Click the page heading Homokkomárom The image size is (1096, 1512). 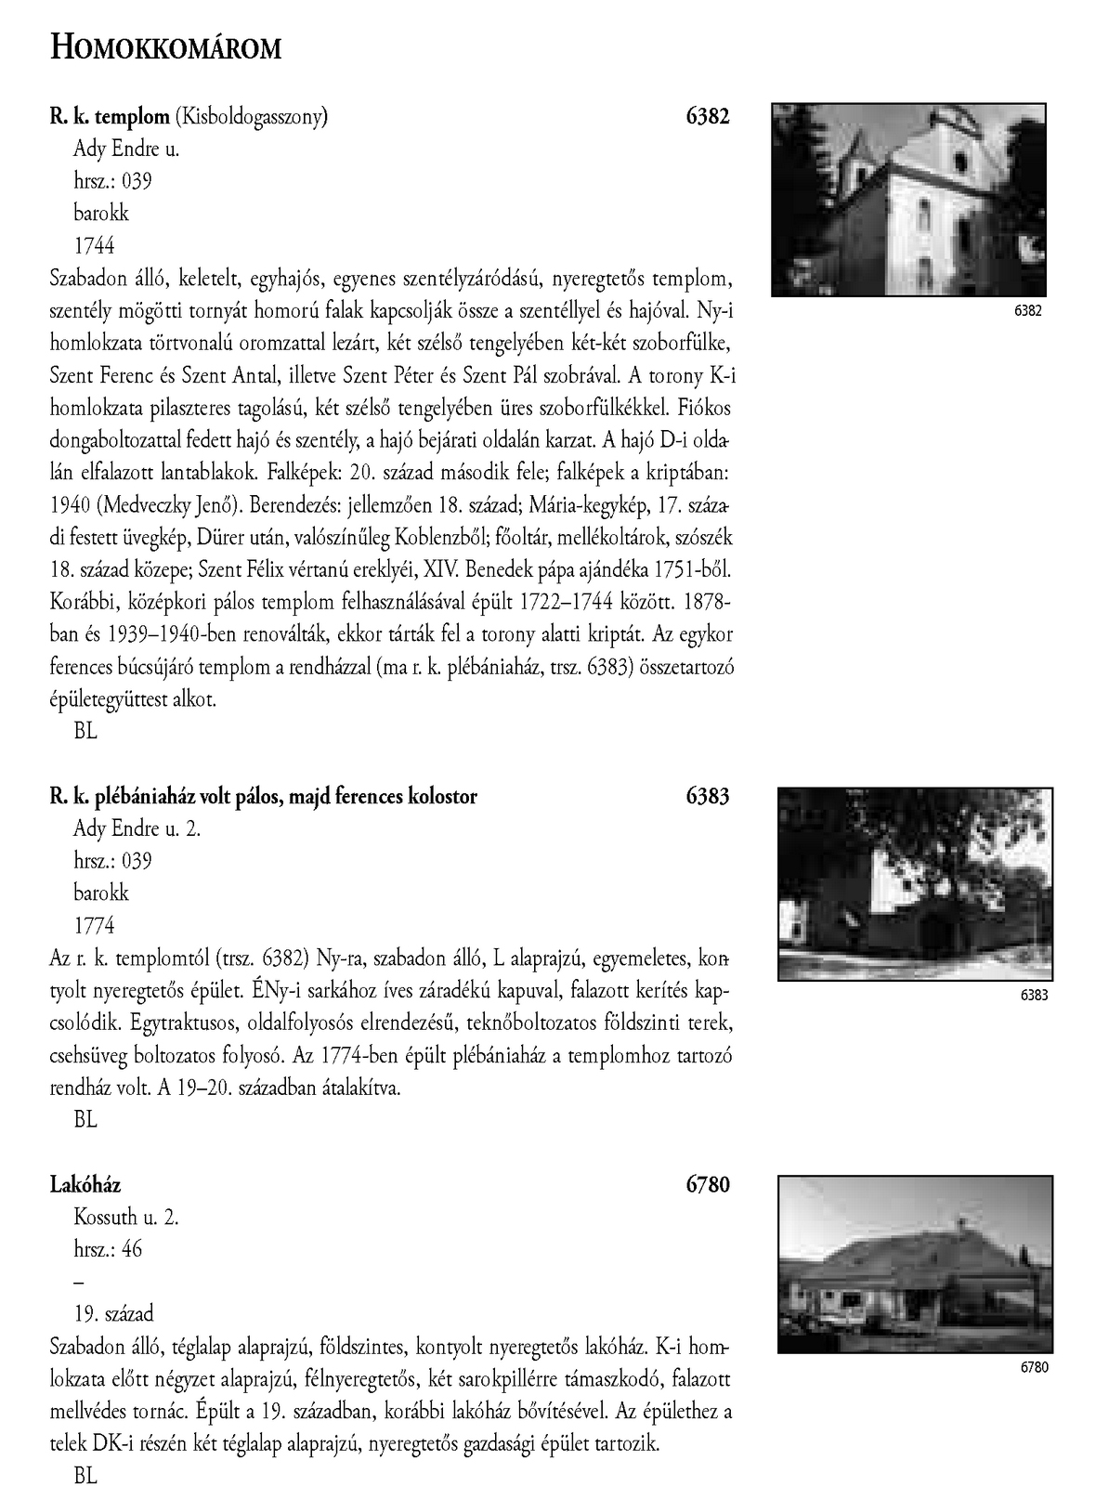point(164,46)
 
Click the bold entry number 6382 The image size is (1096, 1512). point(708,116)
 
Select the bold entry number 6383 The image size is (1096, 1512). point(708,796)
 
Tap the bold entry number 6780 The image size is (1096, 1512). point(708,1184)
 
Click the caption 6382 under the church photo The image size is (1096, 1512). point(1027,311)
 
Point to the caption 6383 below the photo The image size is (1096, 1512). point(1033,995)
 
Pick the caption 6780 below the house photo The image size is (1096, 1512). point(1033,1367)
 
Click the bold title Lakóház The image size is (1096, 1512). point(85,1184)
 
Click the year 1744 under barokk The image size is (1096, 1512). point(94,245)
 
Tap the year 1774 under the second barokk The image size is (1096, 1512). point(94,925)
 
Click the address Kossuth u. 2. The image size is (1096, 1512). point(125,1217)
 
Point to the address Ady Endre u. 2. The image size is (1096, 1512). point(137,828)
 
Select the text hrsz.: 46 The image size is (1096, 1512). point(108,1249)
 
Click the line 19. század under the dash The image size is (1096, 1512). point(113,1313)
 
